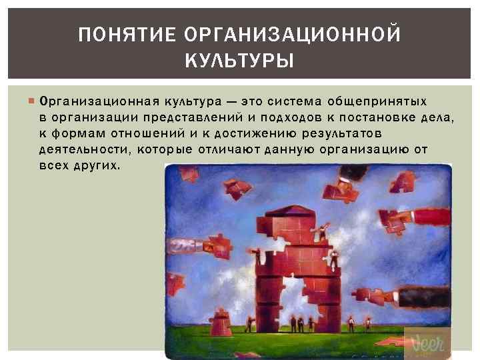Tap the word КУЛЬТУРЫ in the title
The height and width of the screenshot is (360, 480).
tap(239, 62)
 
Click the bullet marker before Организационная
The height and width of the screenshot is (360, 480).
tap(33, 102)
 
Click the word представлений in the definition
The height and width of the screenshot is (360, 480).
tap(183, 118)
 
